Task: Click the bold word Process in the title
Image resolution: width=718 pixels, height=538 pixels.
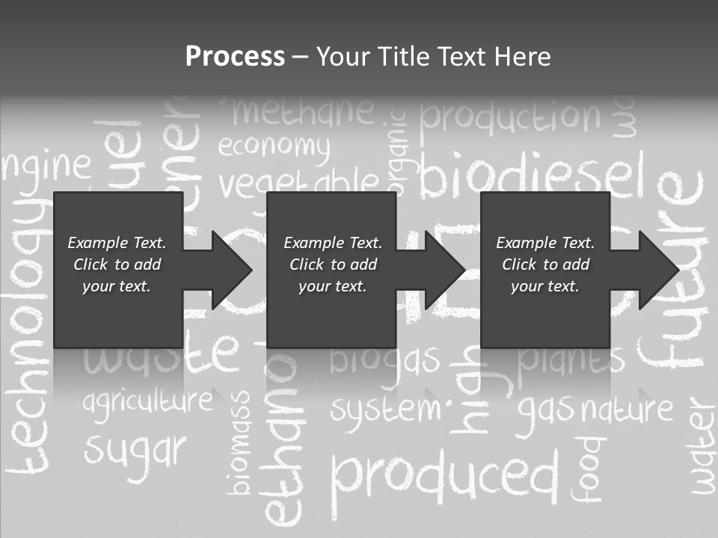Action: pos(235,56)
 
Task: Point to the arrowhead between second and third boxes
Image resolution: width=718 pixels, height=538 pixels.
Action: pos(444,270)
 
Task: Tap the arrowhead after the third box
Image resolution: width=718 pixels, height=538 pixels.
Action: pos(657,270)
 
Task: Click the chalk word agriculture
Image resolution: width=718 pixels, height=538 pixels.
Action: pos(147,401)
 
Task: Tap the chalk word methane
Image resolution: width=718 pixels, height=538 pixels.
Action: pos(303,112)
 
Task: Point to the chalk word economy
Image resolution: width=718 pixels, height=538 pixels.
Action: pos(274,147)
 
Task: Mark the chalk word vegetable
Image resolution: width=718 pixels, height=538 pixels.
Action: pos(299,181)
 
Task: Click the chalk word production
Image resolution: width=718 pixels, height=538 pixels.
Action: pos(510,117)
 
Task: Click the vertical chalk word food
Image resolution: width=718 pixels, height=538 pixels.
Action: pos(587,467)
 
